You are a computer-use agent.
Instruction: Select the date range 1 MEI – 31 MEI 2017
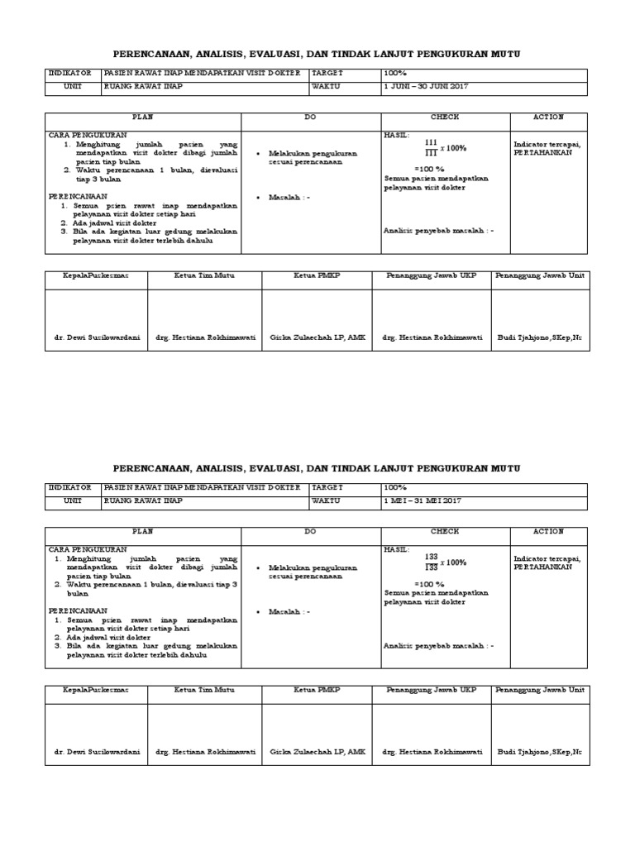tap(423, 501)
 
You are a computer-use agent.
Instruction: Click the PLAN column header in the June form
tap(143, 117)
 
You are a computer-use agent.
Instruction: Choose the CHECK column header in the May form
tap(445, 532)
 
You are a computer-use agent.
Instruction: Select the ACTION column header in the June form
tap(548, 117)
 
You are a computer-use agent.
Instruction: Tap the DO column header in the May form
tap(310, 532)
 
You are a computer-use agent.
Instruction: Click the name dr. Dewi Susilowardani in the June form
tap(93, 337)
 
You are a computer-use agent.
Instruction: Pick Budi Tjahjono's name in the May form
tap(540, 752)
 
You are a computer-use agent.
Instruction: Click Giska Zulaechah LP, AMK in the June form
tap(317, 337)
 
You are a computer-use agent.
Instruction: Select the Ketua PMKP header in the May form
tap(317, 689)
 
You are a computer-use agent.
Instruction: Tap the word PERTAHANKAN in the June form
tap(542, 153)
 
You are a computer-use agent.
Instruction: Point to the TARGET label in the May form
tap(327, 488)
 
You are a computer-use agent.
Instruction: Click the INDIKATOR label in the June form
tap(73, 73)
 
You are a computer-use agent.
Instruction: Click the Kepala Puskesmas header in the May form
tap(96, 689)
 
